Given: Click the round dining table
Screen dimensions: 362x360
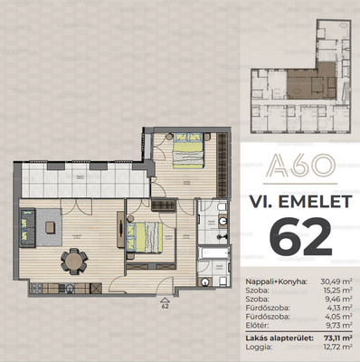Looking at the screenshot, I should pyautogui.click(x=73, y=262).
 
